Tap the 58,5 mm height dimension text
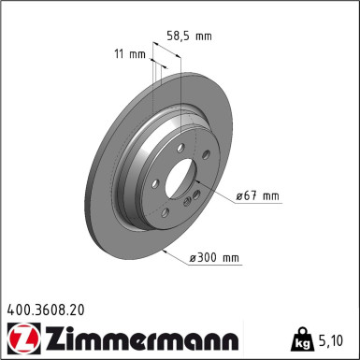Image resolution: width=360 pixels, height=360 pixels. coord(190,36)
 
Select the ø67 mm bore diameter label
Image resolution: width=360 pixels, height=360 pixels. coord(257,195)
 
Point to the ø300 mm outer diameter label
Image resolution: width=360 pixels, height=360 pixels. coord(214,257)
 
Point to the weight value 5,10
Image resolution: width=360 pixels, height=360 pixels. coord(336,338)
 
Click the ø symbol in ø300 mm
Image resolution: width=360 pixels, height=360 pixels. coord(193,257)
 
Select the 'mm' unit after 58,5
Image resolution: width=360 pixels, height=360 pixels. coord(203,36)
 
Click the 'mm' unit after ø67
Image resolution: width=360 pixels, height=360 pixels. coord(270,195)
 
